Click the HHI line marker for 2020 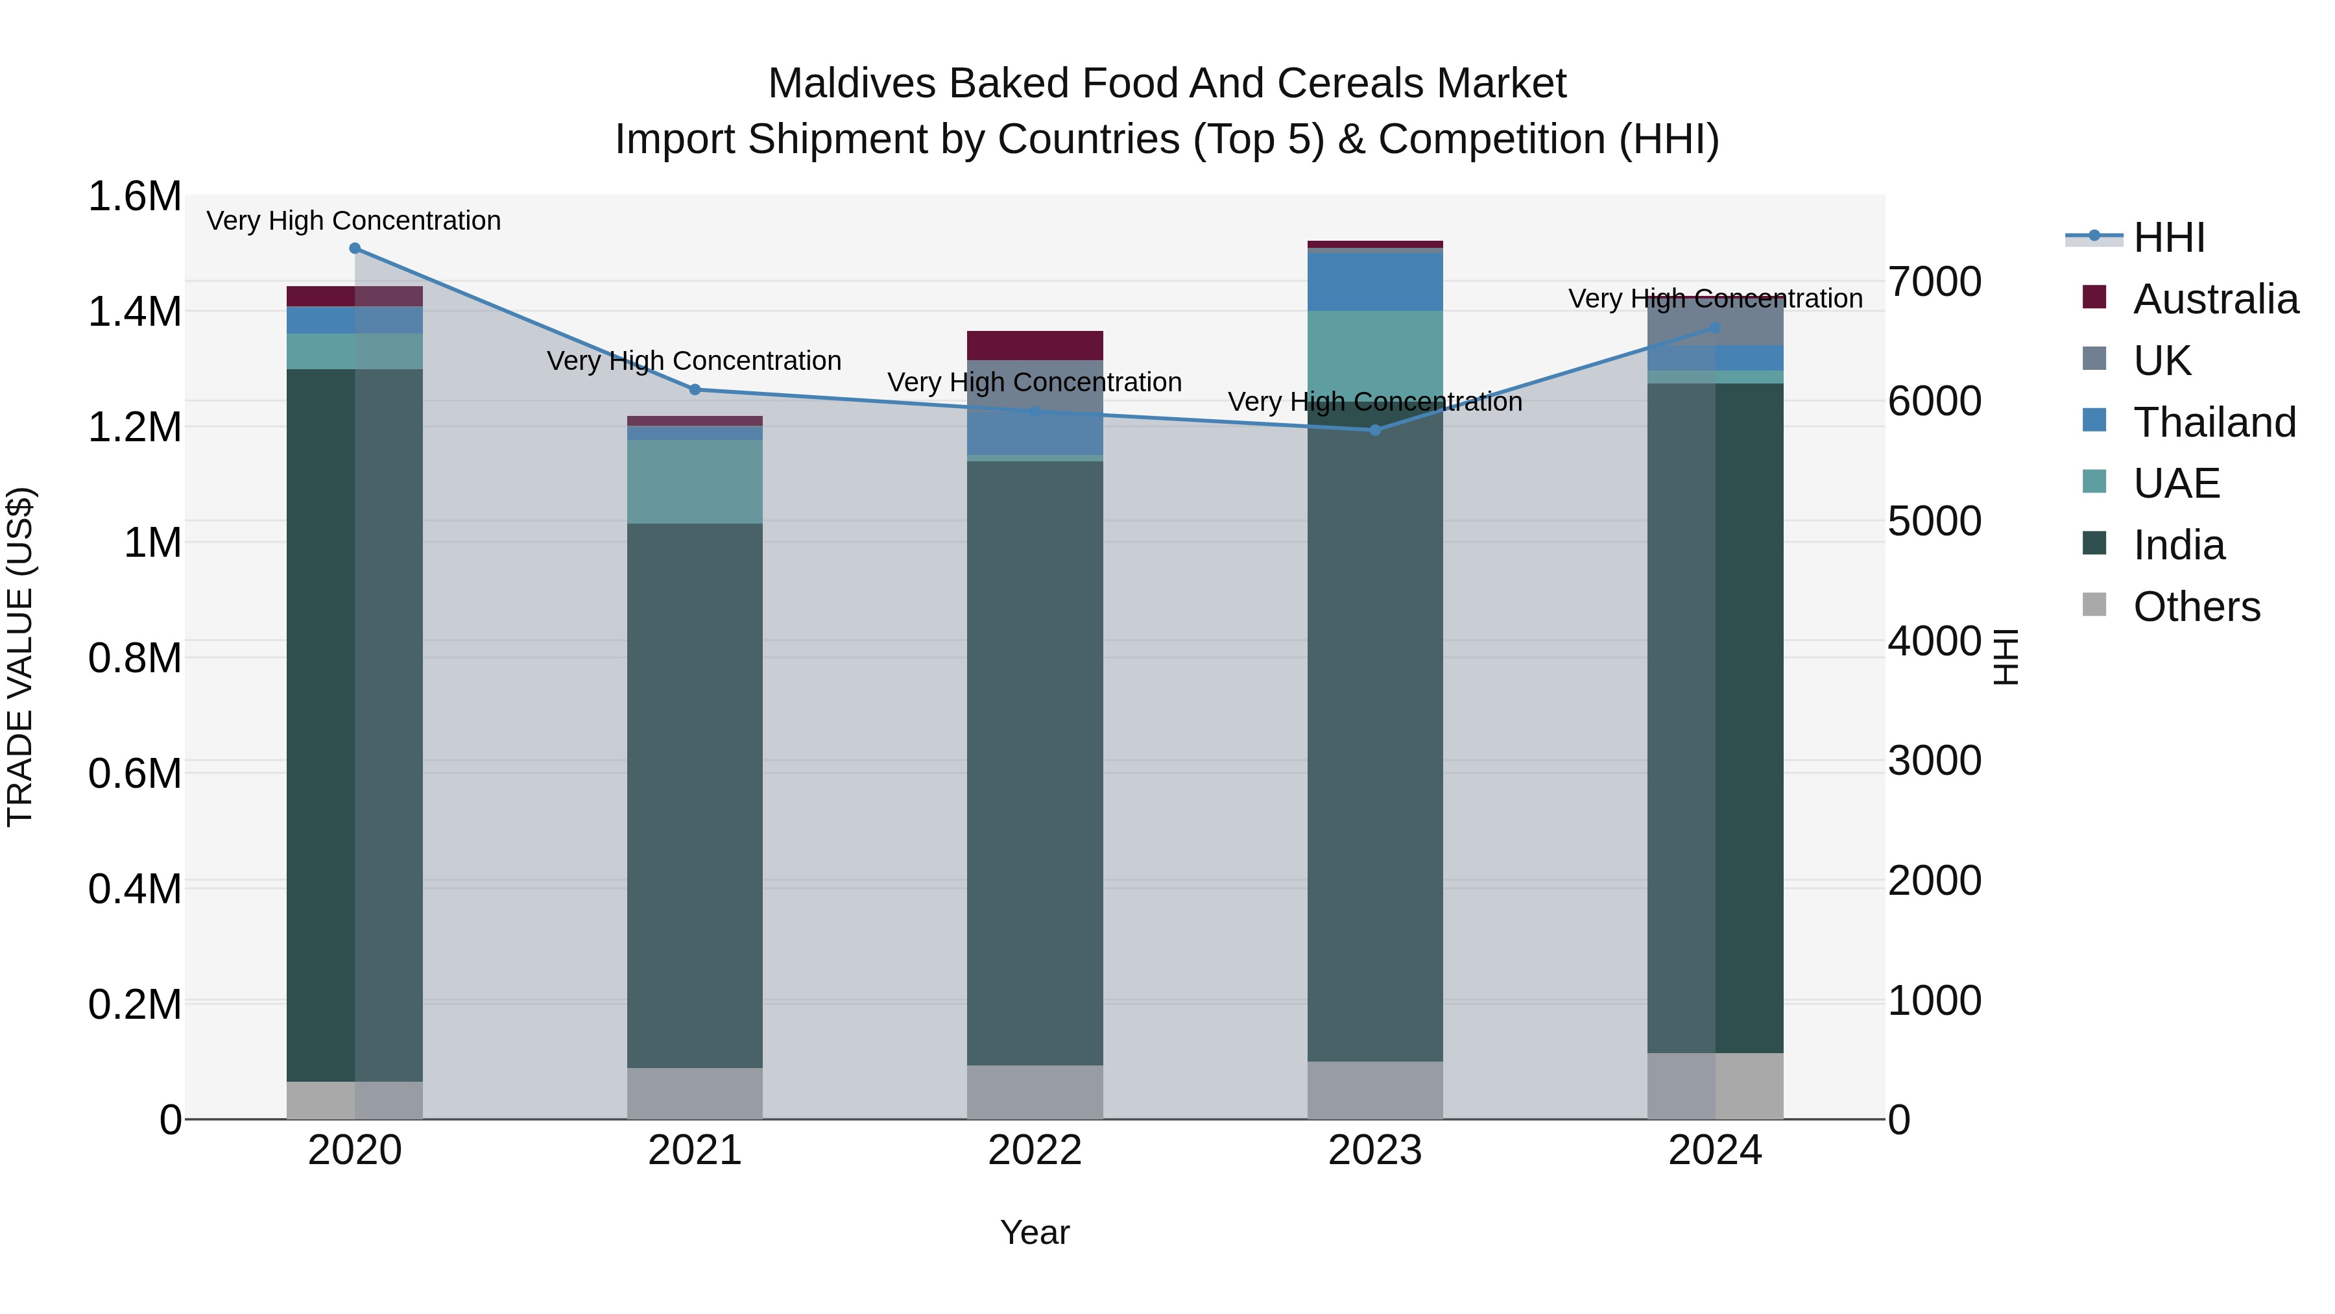click(x=354, y=249)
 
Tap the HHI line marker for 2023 click(x=1375, y=430)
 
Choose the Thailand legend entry click(x=2214, y=422)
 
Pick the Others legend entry click(x=2196, y=607)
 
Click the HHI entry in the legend click(x=2168, y=237)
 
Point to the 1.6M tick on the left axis click(x=134, y=197)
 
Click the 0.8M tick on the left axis click(x=134, y=659)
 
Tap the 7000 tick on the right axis click(x=1934, y=282)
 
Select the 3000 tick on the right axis click(x=1934, y=761)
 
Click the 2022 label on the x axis click(x=1035, y=1150)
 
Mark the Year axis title click(x=1035, y=1232)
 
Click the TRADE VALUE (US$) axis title click(x=20, y=657)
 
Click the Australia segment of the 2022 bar click(x=1035, y=345)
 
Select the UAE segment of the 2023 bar click(x=1375, y=354)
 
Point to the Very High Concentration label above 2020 click(x=353, y=221)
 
